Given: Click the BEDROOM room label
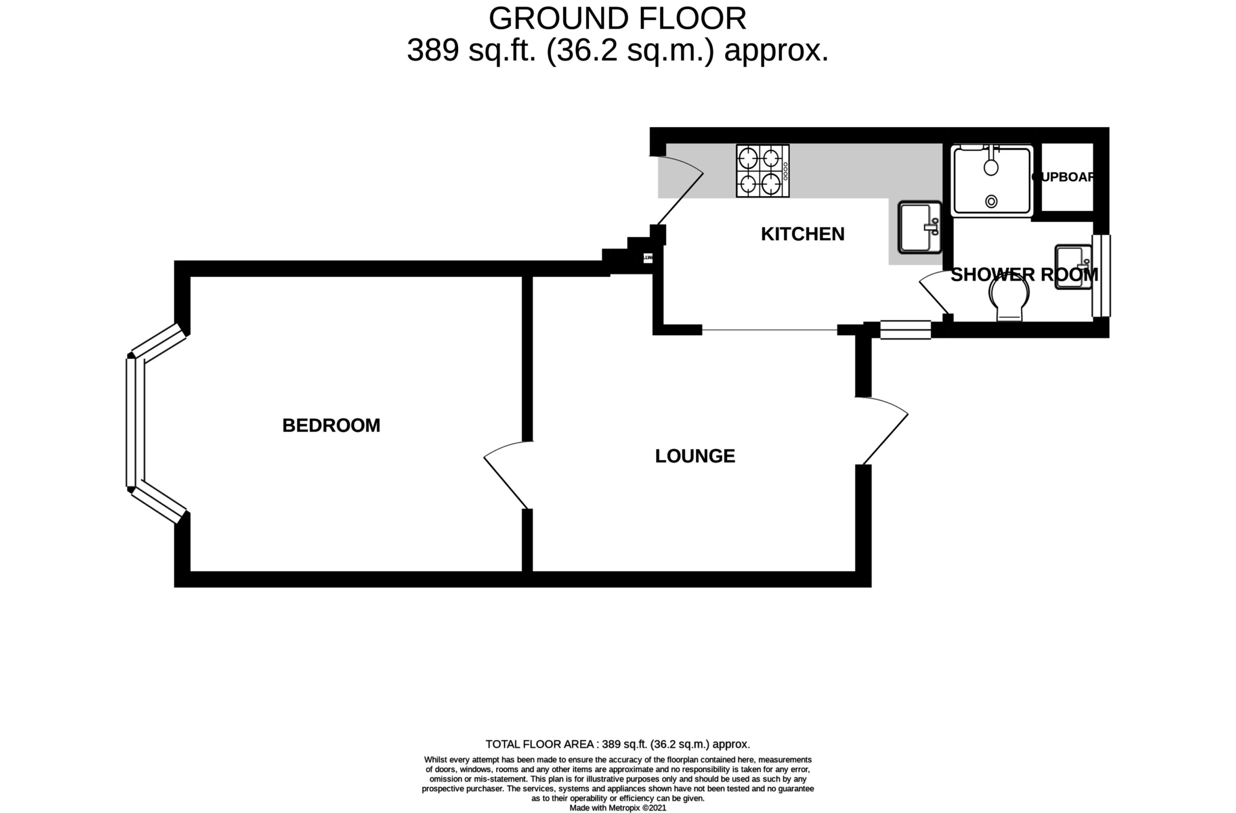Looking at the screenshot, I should click(331, 426).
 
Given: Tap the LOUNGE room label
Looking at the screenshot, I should click(695, 456).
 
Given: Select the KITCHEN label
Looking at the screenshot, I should click(802, 234).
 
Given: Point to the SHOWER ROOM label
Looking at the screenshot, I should click(1024, 275).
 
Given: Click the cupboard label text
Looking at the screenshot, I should click(1063, 177).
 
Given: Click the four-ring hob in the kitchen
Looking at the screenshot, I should click(762, 171).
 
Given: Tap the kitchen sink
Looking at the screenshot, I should click(919, 227).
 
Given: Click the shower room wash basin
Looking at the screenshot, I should click(1073, 267).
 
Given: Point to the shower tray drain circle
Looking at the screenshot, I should click(991, 201).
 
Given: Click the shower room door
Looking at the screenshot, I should click(934, 294).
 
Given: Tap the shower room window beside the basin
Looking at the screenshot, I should click(1101, 276).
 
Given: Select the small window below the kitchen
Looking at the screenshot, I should click(905, 329).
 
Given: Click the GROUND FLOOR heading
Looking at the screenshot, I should click(617, 19).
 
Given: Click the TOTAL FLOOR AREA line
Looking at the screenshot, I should click(617, 744).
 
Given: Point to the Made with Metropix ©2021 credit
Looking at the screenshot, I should click(617, 808).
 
